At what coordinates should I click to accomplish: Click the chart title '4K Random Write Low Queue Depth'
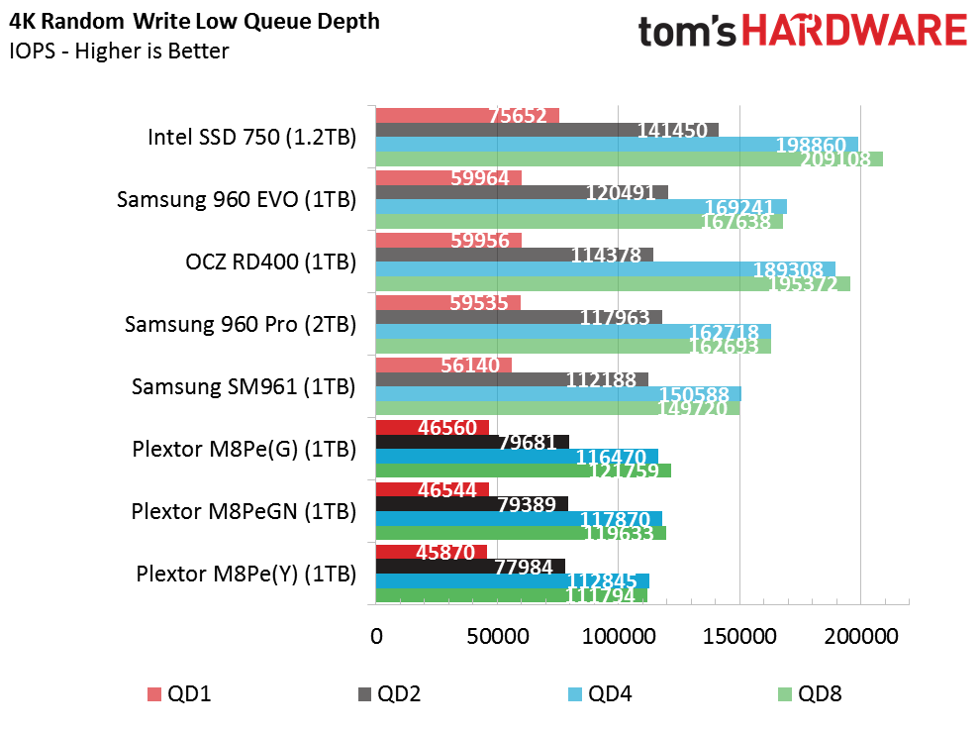(194, 21)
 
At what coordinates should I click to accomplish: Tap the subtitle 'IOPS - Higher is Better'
(119, 51)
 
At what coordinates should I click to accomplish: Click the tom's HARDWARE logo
(803, 32)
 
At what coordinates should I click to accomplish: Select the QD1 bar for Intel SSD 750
(467, 116)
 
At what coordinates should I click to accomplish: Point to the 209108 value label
(836, 159)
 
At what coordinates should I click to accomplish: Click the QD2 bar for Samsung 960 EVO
(522, 192)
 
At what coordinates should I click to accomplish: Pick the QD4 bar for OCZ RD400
(606, 269)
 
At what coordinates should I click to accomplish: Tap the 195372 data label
(803, 284)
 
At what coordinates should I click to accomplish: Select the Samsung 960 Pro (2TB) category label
(241, 325)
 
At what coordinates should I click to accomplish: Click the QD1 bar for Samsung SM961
(443, 366)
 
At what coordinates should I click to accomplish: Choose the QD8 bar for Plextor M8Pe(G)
(524, 471)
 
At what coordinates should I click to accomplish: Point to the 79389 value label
(527, 504)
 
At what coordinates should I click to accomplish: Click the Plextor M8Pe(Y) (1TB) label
(246, 574)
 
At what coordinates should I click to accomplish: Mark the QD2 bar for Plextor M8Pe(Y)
(470, 567)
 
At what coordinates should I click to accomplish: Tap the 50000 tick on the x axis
(498, 637)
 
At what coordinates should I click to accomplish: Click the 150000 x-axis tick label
(740, 637)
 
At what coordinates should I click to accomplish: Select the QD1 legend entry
(180, 694)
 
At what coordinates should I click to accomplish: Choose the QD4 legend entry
(600, 694)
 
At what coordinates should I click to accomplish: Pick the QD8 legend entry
(810, 694)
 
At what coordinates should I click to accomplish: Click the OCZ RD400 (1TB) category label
(271, 262)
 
